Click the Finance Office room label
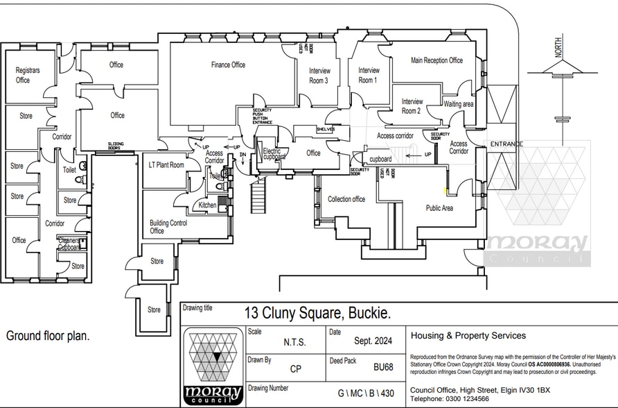pos(228,65)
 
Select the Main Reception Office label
pos(436,60)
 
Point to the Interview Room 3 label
pos(319,75)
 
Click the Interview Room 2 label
pos(412,106)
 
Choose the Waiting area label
pos(458,104)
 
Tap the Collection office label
pos(346,199)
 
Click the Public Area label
pos(439,207)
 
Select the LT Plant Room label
pos(166,165)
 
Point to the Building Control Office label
pos(168,227)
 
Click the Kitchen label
pos(208,205)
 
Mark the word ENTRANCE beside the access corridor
pos(506,144)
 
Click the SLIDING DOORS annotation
pos(116,146)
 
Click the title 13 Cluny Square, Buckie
pos(317,313)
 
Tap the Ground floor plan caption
pos(48,336)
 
